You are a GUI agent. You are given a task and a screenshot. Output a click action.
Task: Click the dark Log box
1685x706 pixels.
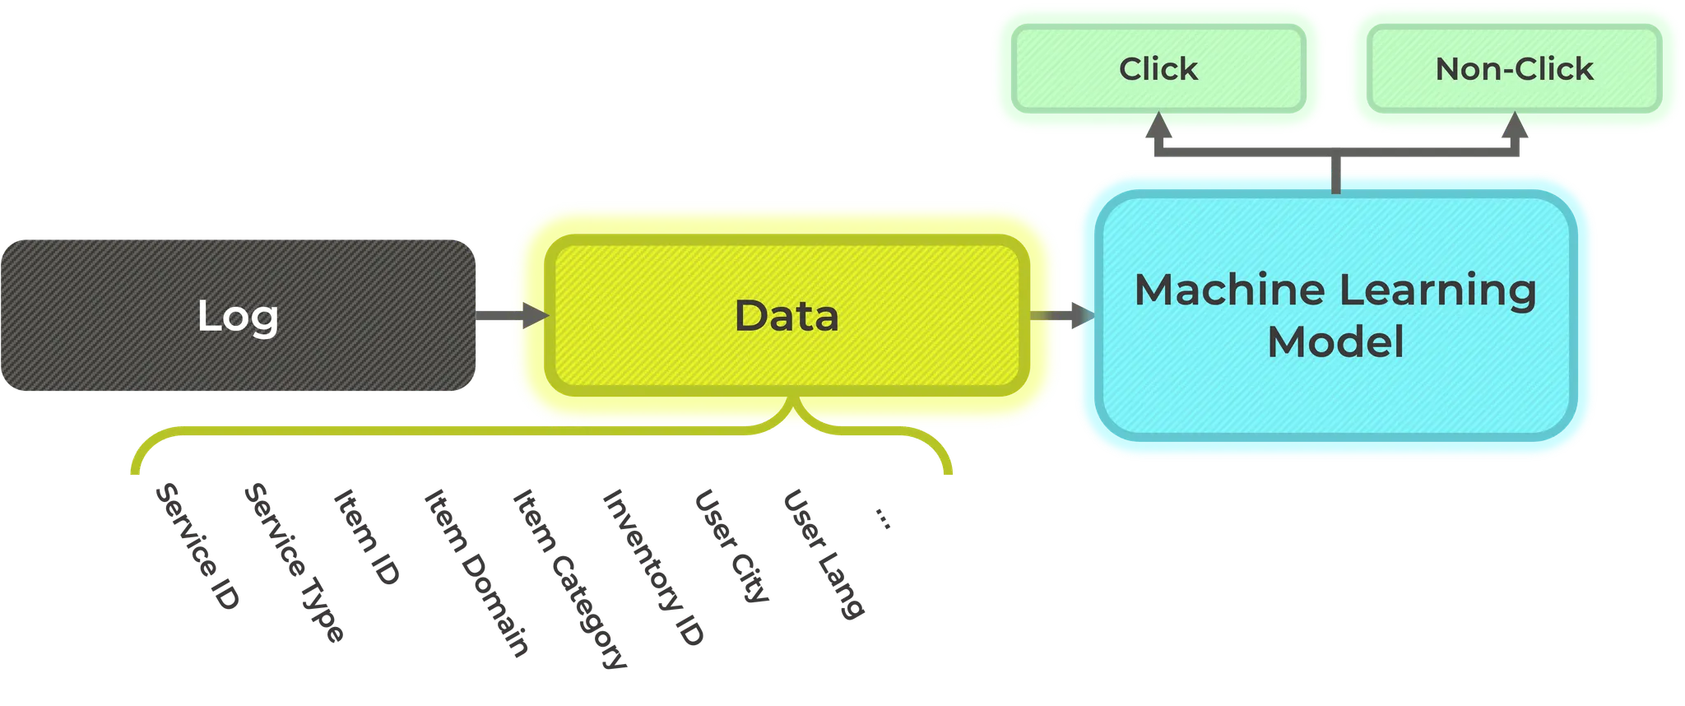[x=238, y=315]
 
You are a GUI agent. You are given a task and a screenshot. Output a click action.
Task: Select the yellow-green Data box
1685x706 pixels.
[x=787, y=315]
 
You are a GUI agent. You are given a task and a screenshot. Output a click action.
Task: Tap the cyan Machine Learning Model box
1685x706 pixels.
[x=1336, y=316]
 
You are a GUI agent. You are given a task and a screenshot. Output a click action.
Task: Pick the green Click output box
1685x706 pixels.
[x=1158, y=68]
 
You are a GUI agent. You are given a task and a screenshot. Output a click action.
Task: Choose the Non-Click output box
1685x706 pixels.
[x=1515, y=68]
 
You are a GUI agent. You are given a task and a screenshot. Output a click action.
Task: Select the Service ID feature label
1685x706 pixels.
[x=197, y=546]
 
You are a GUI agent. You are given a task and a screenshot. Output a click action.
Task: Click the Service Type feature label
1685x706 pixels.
[x=294, y=563]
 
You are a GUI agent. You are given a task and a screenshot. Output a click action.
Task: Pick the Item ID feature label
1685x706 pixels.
[x=367, y=537]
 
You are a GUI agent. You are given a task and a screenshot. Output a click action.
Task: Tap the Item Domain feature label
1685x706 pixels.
[x=476, y=574]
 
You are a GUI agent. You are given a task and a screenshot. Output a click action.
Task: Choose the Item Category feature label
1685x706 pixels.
[x=570, y=579]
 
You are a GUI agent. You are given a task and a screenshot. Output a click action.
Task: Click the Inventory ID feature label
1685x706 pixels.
[x=653, y=568]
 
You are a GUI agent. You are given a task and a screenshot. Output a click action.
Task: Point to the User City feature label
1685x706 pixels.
[x=731, y=546]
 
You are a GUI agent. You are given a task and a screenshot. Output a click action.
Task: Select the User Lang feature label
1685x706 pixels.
[x=824, y=554]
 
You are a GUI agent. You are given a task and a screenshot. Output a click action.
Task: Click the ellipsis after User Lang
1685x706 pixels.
[x=882, y=518]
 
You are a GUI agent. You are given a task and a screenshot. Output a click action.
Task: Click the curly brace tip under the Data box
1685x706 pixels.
[x=793, y=398]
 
